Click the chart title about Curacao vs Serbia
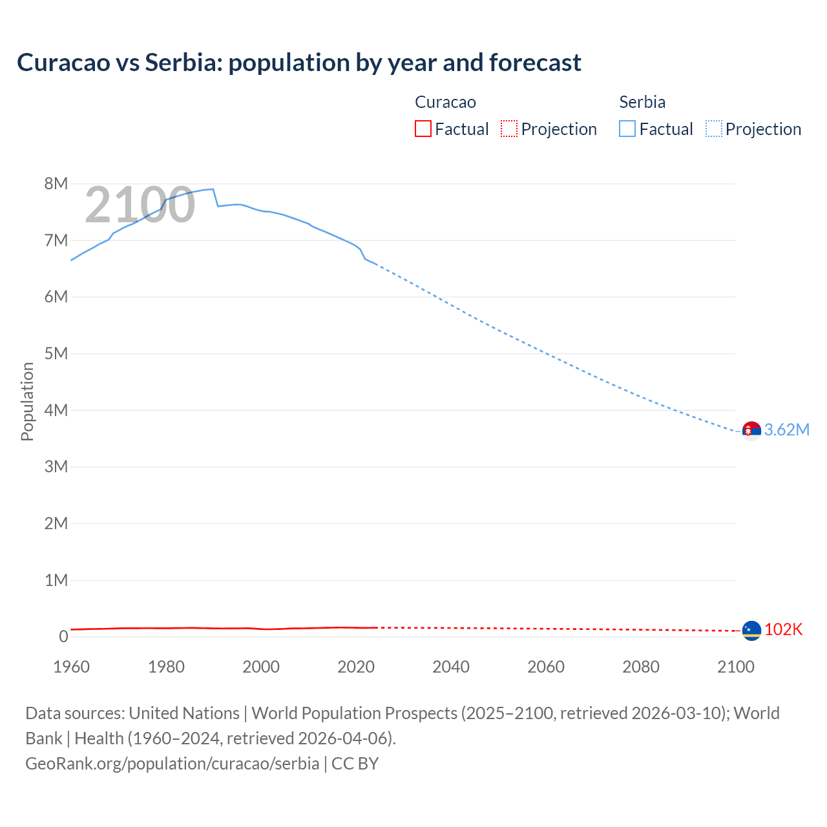pos(298,63)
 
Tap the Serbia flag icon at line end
pos(751,430)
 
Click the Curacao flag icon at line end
pos(751,630)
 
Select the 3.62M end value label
pos(786,430)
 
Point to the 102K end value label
pos(783,630)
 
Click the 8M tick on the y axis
pos(56,184)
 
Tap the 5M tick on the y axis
pos(56,354)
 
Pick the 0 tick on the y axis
pos(63,637)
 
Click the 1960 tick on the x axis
pos(71,667)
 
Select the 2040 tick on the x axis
pos(451,667)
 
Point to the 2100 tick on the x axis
pos(735,667)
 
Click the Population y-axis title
pos(27,401)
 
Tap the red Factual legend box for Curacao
pos(423,129)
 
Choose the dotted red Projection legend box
pos(509,129)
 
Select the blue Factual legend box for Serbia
pos(627,129)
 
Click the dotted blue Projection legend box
pos(714,129)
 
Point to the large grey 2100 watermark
pos(140,205)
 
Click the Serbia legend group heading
pos(642,102)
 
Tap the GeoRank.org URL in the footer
pos(172,764)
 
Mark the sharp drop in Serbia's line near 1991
pos(216,198)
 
